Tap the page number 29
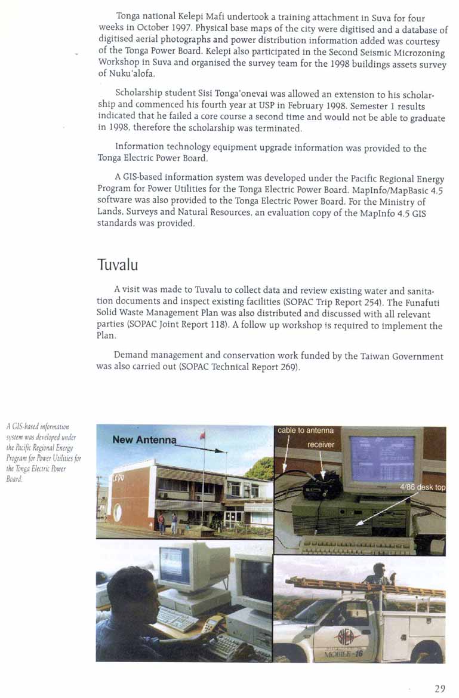click(x=440, y=688)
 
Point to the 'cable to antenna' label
click(x=306, y=430)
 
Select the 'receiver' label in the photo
click(x=320, y=444)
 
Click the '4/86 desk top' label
click(x=422, y=487)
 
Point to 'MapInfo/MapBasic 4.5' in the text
click(x=392, y=190)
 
